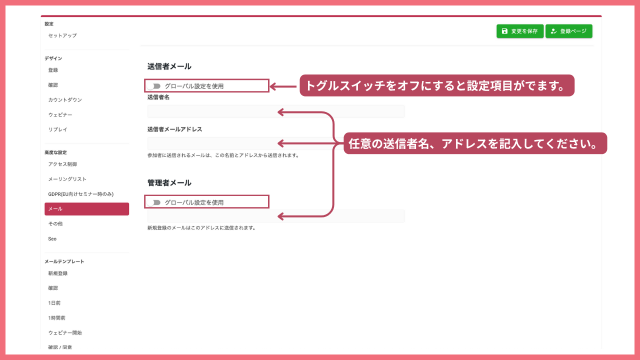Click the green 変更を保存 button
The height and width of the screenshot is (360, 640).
(x=519, y=31)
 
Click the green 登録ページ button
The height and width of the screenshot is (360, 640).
(x=569, y=31)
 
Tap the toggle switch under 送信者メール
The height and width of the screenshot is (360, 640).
(x=153, y=86)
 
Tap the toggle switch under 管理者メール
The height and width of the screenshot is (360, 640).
(x=153, y=202)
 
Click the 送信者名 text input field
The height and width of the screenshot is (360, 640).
(x=275, y=111)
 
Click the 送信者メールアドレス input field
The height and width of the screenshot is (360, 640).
(x=275, y=143)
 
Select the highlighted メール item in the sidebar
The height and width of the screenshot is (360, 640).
(x=86, y=209)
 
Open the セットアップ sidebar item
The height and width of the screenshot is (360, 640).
(x=62, y=35)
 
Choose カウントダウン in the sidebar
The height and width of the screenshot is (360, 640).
(x=65, y=99)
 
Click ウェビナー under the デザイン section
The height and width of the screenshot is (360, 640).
(x=60, y=114)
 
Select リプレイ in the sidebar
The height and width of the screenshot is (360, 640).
(x=57, y=129)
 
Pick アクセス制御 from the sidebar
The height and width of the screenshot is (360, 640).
(x=62, y=164)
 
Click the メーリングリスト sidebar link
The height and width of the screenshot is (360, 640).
(x=67, y=179)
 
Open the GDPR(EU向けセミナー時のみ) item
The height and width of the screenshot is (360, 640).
(x=81, y=194)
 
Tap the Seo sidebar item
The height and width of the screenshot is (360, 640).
(x=52, y=239)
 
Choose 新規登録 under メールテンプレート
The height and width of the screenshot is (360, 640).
(x=57, y=273)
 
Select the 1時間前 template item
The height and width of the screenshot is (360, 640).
(x=56, y=317)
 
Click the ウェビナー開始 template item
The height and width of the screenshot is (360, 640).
(x=65, y=332)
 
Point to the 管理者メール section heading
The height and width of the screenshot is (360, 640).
(x=169, y=183)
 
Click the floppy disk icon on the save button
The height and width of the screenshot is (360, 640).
(x=504, y=31)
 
